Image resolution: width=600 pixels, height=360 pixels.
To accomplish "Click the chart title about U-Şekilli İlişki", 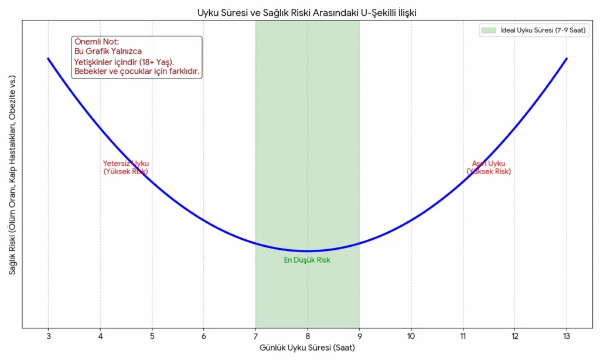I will [307, 12].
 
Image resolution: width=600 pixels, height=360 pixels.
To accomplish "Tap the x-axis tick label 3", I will [48, 336].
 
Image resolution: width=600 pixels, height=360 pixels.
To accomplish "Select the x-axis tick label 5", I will [152, 336].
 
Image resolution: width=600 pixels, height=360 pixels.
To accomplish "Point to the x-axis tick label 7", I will [255, 336].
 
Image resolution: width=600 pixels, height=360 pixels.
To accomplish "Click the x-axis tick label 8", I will [307, 336].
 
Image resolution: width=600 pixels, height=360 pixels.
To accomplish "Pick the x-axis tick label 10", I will [411, 336].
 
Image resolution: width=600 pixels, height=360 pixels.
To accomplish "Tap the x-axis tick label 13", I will [566, 336].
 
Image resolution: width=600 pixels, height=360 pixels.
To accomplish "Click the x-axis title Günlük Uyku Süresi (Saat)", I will [307, 348].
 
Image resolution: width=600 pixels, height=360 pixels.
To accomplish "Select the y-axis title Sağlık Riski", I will [12, 175].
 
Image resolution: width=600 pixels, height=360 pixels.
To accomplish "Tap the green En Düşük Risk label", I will [307, 260].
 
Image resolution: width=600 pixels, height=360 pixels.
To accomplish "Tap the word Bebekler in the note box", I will [90, 72].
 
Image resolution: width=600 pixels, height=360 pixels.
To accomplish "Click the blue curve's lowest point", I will [307, 251].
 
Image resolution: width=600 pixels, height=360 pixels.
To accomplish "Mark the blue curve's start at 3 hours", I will [48, 58].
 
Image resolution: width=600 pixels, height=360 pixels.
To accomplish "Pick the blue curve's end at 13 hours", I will [567, 58].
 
